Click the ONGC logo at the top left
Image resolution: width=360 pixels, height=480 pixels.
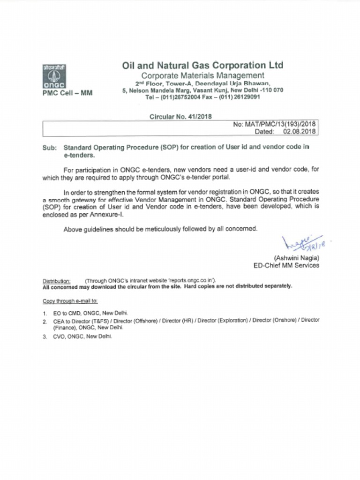[x=52, y=76]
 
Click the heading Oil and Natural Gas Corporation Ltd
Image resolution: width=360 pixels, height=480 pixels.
[x=202, y=65]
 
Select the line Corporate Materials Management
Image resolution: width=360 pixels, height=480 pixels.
[x=202, y=75]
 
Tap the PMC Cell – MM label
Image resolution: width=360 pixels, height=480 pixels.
[x=67, y=93]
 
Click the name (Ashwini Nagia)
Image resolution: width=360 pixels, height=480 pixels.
[x=296, y=258]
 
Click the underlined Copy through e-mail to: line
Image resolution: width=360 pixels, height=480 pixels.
[x=70, y=300]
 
